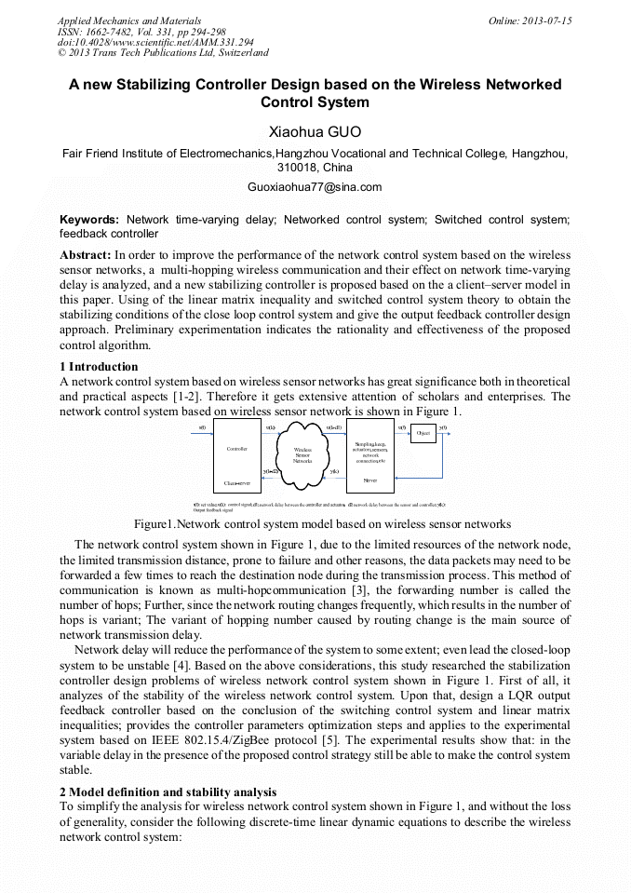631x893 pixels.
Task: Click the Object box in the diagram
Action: click(x=423, y=434)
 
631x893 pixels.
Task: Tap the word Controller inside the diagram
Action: click(x=237, y=449)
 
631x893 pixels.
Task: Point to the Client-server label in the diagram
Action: click(x=237, y=483)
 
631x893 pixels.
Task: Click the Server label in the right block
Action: click(x=369, y=480)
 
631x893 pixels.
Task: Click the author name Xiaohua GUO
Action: click(x=315, y=131)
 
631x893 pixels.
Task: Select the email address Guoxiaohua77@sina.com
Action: click(x=315, y=187)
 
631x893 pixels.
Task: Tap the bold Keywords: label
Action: click(x=89, y=220)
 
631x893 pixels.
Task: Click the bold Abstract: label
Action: click(x=85, y=254)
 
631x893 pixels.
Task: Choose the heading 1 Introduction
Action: click(x=99, y=367)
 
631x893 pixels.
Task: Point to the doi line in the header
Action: click(x=155, y=42)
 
